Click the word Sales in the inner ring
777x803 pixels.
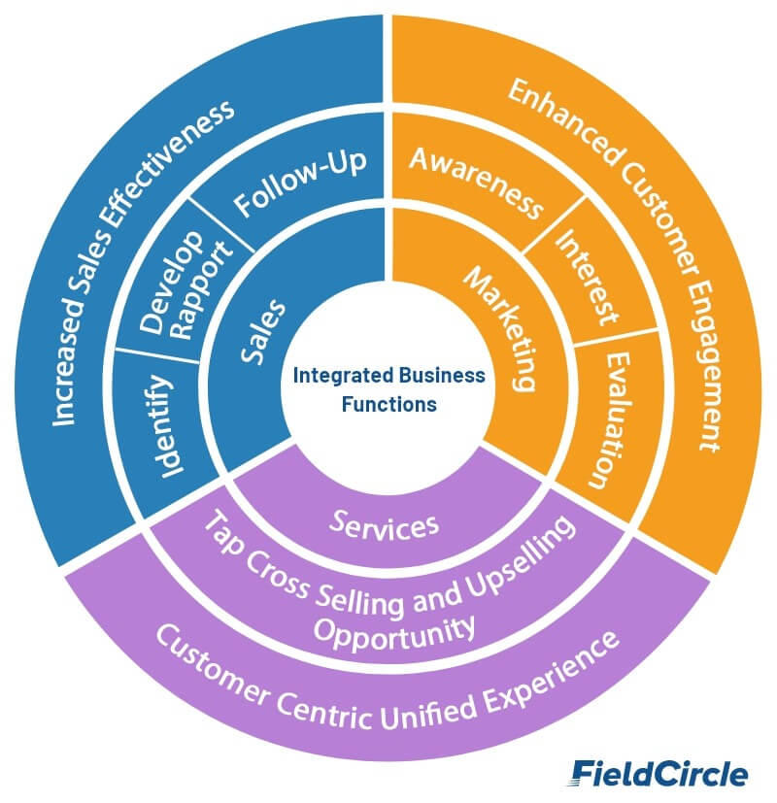point(262,329)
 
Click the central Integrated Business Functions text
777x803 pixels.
point(388,388)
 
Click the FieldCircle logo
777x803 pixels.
point(659,773)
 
